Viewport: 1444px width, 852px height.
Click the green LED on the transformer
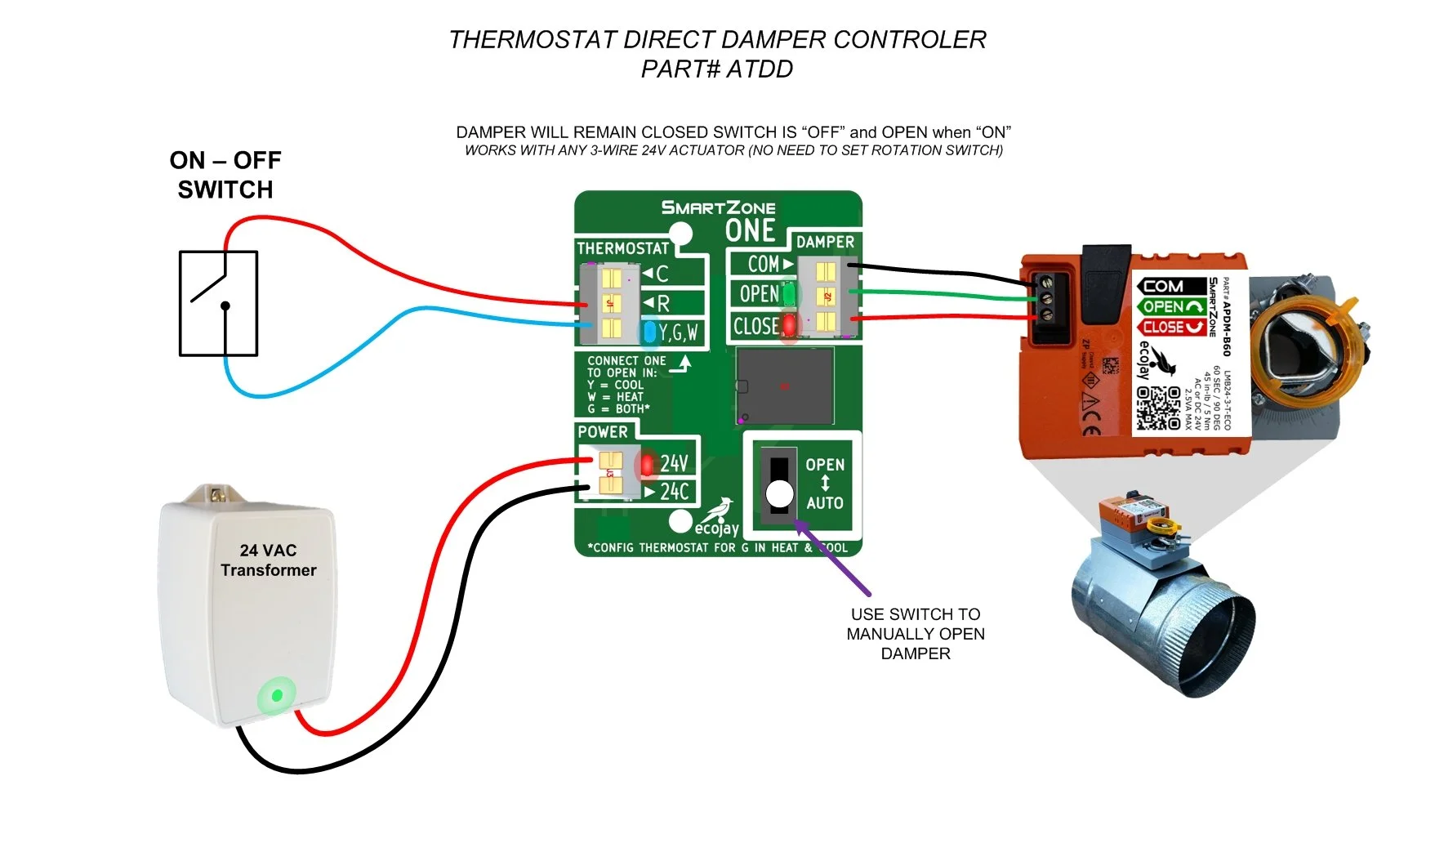(277, 696)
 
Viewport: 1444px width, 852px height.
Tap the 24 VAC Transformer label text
(268, 560)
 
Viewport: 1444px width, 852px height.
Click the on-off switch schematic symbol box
(218, 304)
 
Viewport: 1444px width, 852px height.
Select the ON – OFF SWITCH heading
(225, 175)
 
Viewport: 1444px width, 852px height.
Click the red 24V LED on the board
(648, 465)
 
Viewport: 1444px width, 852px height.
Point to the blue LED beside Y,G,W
(649, 332)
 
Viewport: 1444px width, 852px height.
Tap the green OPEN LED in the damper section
(788, 293)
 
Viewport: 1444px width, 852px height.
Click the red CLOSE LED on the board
(789, 325)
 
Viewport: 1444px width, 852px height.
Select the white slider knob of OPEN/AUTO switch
(779, 493)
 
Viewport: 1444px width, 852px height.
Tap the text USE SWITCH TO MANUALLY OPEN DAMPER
(916, 634)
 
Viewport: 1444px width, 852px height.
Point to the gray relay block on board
(785, 386)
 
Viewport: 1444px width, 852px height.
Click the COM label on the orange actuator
(1164, 286)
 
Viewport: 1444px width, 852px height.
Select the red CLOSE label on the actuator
(1170, 327)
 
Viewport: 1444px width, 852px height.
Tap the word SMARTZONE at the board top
(718, 207)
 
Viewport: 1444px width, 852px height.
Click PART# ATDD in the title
(717, 69)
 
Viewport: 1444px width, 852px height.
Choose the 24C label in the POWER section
(675, 492)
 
